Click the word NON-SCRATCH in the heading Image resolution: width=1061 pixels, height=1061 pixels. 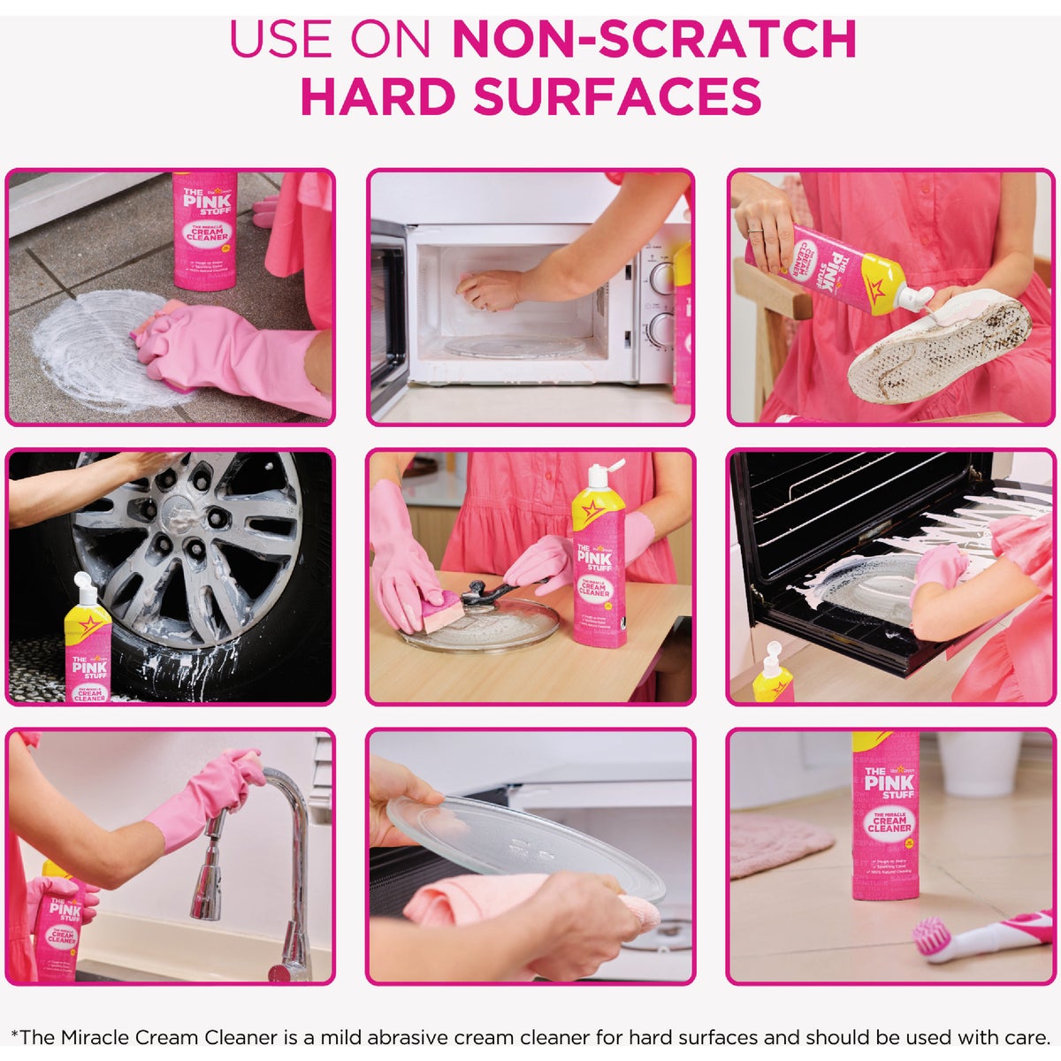click(654, 39)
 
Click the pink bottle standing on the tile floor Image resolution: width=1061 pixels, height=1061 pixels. click(205, 230)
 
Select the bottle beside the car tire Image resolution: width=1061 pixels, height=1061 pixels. click(88, 645)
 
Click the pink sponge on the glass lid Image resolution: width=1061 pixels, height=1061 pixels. click(439, 611)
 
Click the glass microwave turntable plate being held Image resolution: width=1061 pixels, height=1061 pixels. click(530, 841)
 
